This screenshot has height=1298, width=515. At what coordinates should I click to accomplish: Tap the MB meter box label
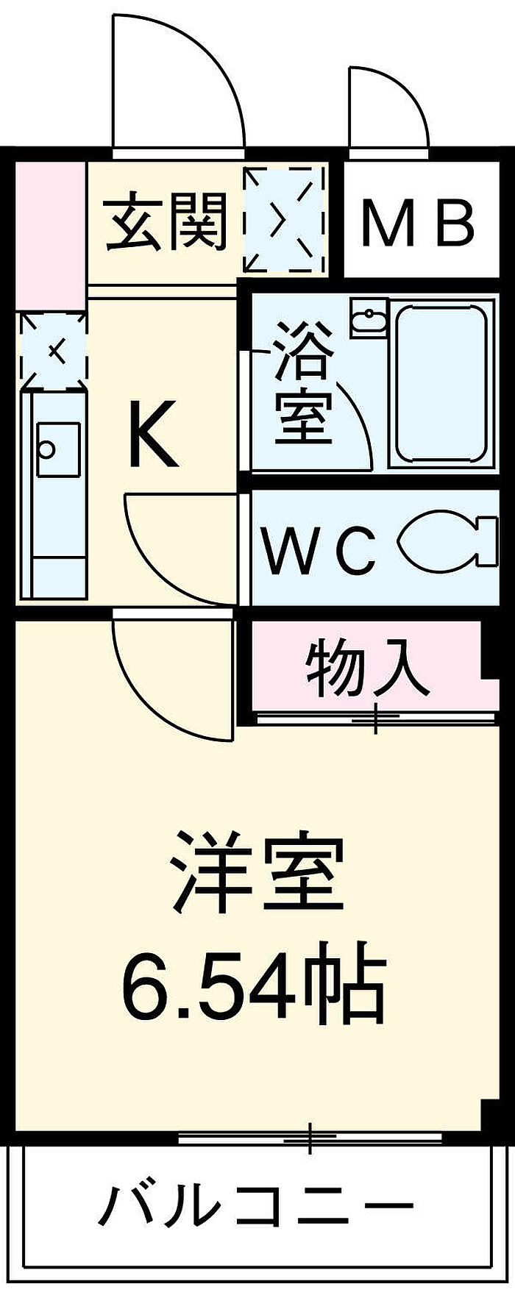tap(417, 223)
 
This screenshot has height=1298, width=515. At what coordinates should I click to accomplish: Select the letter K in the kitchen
tap(153, 434)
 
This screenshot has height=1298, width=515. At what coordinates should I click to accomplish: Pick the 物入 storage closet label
tap(367, 667)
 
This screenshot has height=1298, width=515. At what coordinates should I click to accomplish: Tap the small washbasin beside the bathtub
tap(368, 318)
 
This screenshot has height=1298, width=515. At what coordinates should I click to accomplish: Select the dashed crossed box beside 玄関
tap(284, 219)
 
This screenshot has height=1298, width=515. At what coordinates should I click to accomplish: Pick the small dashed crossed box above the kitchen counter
tap(53, 350)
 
